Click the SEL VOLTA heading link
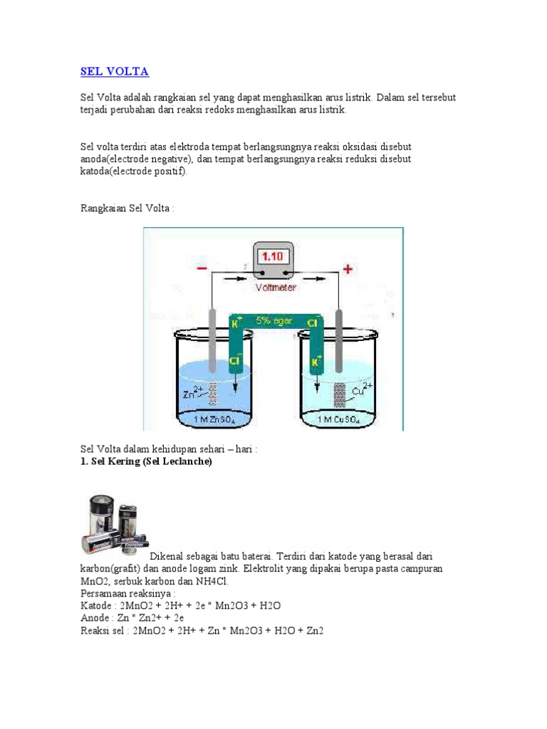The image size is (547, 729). coord(115,72)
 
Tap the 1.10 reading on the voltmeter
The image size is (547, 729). coord(273,256)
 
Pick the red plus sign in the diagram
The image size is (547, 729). coord(348,269)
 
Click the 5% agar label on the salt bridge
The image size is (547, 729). coord(273,321)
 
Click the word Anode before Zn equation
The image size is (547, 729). coord(95,618)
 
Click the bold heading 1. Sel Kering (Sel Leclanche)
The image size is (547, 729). coord(146,461)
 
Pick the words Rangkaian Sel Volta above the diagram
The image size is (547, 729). coord(125,209)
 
